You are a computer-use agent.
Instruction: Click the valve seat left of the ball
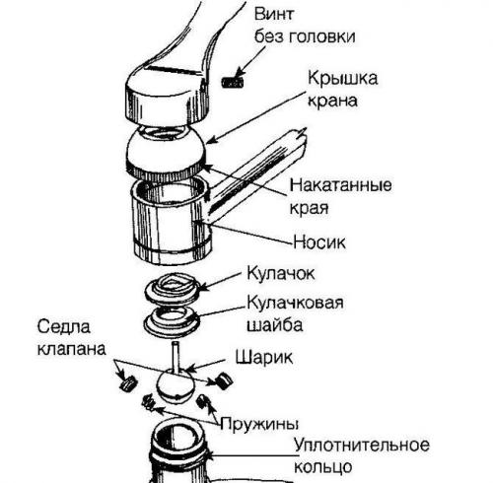pyautogui.click(x=125, y=384)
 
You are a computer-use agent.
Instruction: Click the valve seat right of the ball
pyautogui.click(x=223, y=378)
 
